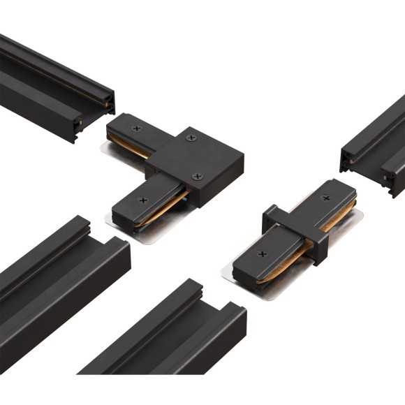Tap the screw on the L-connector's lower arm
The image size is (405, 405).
tap(143, 200)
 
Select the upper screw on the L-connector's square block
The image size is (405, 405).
tap(189, 139)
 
